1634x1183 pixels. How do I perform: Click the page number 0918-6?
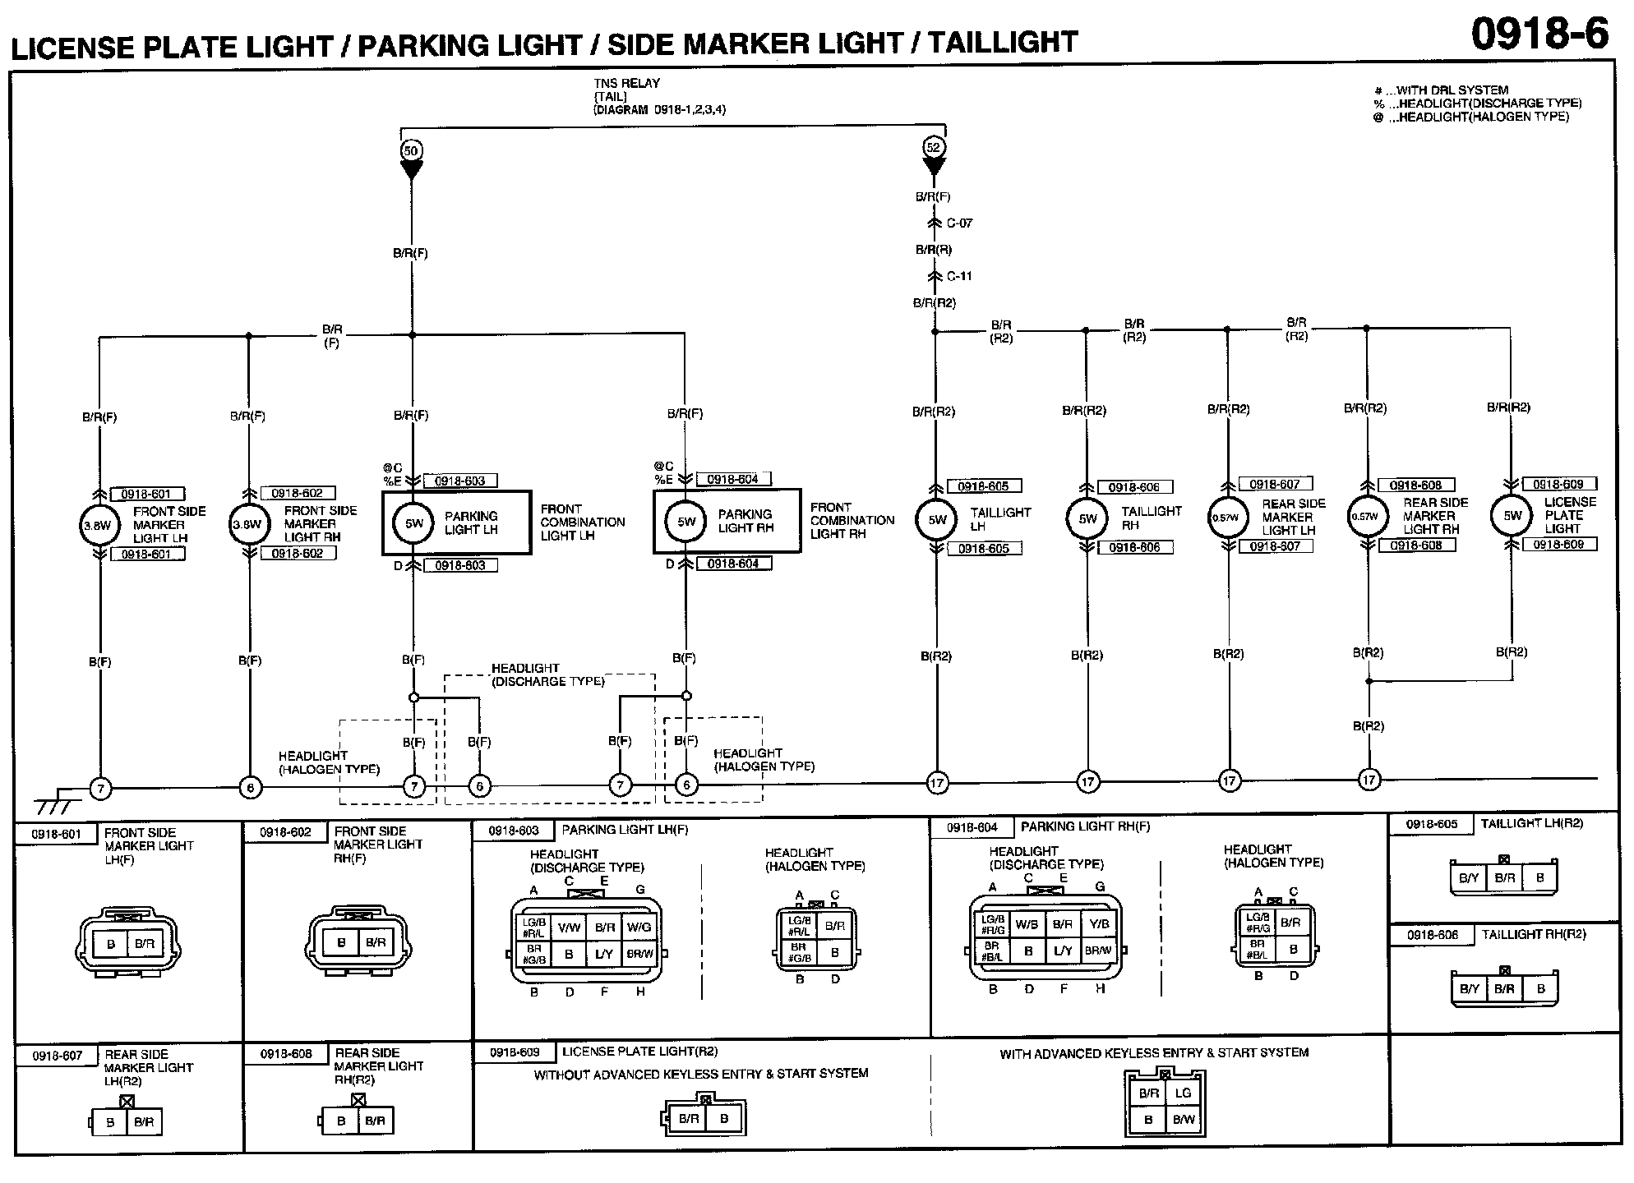[1539, 35]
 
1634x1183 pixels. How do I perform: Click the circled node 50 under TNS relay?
[411, 150]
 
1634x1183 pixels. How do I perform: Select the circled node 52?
[934, 148]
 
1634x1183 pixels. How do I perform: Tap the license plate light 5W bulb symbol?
[1512, 516]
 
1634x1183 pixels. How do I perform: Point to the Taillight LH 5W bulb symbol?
[937, 519]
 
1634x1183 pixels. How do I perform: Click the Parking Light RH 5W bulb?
[686, 522]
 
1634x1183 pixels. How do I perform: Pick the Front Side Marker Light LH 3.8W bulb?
[99, 525]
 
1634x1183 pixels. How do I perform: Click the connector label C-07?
[959, 223]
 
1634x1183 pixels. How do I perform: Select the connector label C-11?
[959, 276]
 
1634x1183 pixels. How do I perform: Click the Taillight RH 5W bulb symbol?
[1087, 518]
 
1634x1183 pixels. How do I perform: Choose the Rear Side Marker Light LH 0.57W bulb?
[1226, 518]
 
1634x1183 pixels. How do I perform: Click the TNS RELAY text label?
[626, 83]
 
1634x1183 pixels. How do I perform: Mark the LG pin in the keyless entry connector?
[1183, 1093]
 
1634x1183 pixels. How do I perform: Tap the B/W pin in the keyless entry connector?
[1184, 1120]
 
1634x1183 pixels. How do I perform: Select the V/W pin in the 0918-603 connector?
[569, 928]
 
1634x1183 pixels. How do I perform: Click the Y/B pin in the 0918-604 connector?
[1099, 924]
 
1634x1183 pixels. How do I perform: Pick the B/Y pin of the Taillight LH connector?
[1468, 878]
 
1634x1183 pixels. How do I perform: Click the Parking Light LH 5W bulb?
[413, 523]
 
